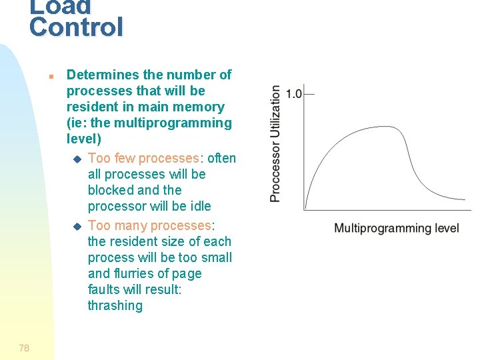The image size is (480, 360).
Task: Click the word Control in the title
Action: click(x=77, y=27)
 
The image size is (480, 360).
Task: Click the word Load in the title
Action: click(x=60, y=6)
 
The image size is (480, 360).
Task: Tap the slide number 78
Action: click(x=24, y=347)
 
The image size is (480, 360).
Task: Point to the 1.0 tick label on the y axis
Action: click(x=293, y=93)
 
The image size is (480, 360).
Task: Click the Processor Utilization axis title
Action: click(x=275, y=143)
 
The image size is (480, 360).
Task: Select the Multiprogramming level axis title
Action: click(x=396, y=228)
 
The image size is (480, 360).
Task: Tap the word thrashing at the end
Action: click(x=115, y=305)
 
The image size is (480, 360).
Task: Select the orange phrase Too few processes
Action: click(x=143, y=158)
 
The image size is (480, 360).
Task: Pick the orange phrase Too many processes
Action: click(x=149, y=225)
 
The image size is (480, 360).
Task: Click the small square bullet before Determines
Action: click(x=51, y=76)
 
